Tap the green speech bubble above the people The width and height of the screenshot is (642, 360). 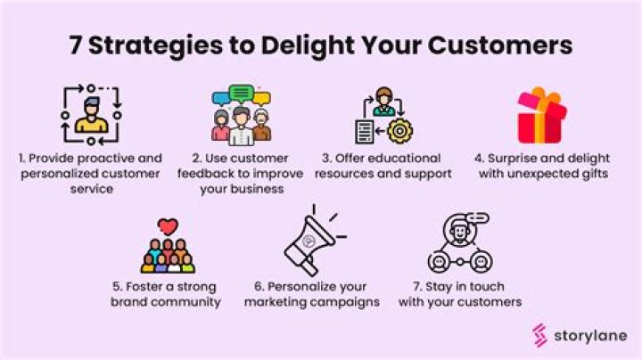tap(242, 92)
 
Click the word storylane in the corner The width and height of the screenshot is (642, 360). tap(589, 335)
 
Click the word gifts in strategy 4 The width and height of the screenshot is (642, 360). tap(588, 174)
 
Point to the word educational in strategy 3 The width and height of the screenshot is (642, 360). tap(412, 158)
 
